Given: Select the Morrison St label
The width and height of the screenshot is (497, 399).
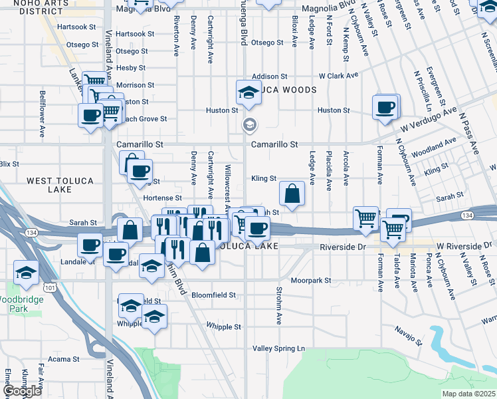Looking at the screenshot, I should coord(135,85).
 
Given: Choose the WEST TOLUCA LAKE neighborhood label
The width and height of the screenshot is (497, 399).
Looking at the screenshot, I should coord(49,185).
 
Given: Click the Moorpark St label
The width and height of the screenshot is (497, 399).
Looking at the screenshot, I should coord(310,281).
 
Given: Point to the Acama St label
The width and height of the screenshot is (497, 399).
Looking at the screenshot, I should coord(64,359).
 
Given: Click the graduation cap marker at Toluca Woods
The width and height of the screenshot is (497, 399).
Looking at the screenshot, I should coord(248,92).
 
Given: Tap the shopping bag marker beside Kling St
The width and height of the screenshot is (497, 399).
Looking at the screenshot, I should coord(292,194).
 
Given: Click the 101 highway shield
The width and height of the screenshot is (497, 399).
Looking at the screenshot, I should coord(49,287).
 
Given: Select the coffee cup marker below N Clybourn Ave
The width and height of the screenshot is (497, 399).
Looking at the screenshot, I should coord(385,107).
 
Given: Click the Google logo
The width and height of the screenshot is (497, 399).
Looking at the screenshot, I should coord(22,391).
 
